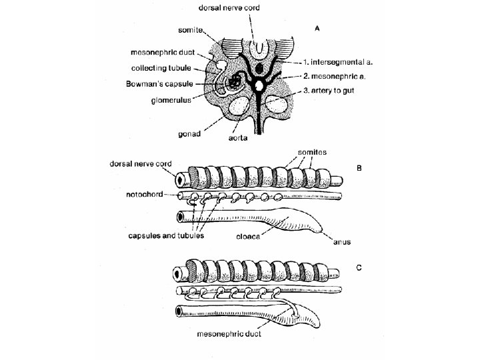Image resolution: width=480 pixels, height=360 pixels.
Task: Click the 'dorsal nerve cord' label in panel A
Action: click(229, 7)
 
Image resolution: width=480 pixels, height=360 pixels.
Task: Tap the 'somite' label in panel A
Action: click(190, 30)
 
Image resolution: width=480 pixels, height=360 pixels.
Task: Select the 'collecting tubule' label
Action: click(161, 68)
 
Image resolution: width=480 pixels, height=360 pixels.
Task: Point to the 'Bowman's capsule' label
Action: click(159, 84)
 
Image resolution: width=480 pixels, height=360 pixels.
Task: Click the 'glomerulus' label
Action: click(171, 100)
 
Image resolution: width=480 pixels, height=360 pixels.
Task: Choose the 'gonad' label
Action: click(189, 134)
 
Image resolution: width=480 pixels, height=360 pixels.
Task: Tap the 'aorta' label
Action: click(238, 138)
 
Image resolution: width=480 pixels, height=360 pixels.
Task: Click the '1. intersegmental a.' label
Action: click(338, 62)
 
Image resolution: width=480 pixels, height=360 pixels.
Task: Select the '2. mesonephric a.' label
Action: click(334, 76)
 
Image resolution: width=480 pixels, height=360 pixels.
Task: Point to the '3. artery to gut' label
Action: click(329, 91)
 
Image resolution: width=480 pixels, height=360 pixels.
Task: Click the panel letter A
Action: click(317, 29)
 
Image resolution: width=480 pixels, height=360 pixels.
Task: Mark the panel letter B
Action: click(359, 168)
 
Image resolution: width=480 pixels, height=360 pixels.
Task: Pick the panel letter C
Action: click(359, 267)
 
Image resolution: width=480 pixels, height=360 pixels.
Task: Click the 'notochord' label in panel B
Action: click(144, 195)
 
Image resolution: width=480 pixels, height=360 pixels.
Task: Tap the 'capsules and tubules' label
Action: click(166, 235)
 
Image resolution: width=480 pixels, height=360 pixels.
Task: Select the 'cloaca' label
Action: click(248, 237)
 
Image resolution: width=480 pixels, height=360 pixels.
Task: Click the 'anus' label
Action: click(342, 242)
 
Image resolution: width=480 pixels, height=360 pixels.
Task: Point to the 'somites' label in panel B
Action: click(312, 152)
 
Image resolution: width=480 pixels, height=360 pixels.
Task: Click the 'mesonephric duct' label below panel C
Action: click(229, 334)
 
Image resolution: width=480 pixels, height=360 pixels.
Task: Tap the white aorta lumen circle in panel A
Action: click(259, 85)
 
